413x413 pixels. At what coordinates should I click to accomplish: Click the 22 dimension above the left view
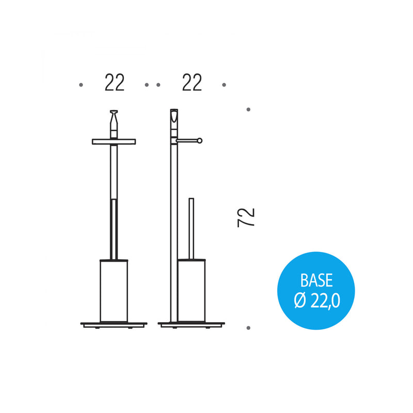pos(114,83)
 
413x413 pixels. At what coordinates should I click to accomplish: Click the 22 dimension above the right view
pos(192,83)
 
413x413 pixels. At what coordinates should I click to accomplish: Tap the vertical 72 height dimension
pos(246,217)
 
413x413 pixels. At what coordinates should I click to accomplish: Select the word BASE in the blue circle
pos(316,280)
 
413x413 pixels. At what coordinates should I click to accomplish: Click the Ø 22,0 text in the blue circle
pos(317,300)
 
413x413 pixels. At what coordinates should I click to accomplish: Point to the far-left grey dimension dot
pos(81,85)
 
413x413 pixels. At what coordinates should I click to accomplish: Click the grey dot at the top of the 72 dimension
pos(248,109)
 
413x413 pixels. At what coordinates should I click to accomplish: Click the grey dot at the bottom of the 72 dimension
pos(248,328)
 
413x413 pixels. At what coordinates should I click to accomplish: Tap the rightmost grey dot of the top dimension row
pos(224,85)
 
